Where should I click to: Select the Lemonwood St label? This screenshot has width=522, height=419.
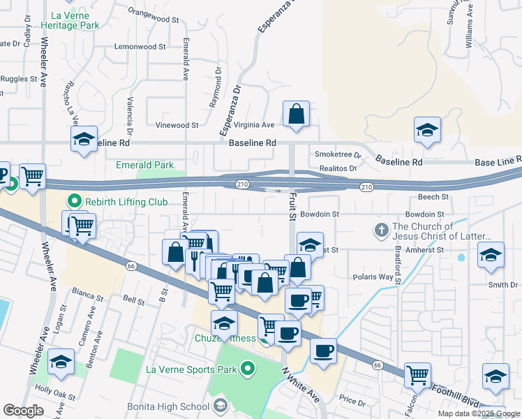pos(140,47)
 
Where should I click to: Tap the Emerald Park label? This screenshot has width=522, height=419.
pos(144,166)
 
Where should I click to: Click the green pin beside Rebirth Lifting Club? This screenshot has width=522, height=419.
pos(75,202)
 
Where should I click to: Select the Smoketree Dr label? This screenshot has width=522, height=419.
pos(338,154)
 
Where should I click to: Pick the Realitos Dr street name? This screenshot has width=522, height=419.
pos(338,168)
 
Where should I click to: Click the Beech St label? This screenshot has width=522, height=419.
pos(433,198)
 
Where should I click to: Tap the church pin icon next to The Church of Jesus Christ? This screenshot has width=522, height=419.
pos(381,230)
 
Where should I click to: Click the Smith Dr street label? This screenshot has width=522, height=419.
pos(503,285)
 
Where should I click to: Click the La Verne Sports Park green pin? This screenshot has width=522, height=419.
pos(247,368)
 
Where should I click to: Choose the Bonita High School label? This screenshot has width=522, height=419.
pos(168,406)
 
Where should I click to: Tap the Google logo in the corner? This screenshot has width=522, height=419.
pos(23,410)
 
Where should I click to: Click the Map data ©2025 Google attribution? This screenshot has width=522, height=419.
pos(479,413)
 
